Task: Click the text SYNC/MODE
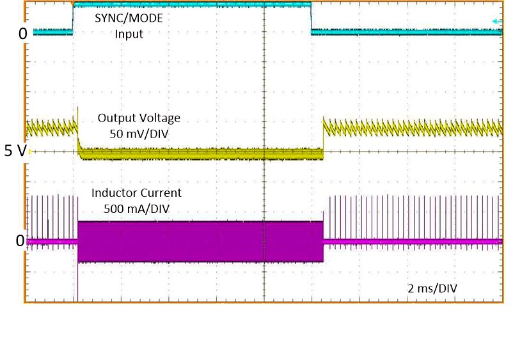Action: point(129,18)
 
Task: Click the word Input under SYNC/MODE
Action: point(129,34)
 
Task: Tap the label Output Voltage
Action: point(139,118)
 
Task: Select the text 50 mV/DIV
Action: point(139,133)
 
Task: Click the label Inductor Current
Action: point(136,192)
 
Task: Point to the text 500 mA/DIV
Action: point(136,208)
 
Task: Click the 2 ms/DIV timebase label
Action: point(432,288)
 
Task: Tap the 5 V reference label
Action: point(15,152)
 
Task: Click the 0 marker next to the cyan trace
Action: point(22,33)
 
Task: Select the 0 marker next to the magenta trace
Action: point(19,241)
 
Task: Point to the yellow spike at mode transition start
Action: point(77,115)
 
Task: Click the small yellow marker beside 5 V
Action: point(30,152)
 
